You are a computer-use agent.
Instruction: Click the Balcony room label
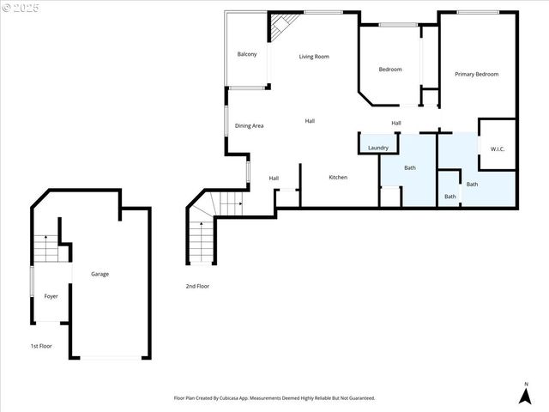pos(247,54)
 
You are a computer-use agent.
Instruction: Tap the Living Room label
pos(314,57)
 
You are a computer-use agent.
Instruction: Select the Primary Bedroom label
pos(476,75)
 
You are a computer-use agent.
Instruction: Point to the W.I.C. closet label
pos(498,149)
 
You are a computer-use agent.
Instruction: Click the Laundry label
pos(378,148)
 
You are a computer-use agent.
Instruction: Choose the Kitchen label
pos(338,178)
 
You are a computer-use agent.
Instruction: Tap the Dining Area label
pos(250,126)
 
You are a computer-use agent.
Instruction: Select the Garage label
pos(100,274)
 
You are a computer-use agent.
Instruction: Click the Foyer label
pos(51,296)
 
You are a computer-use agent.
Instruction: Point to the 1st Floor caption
pos(41,346)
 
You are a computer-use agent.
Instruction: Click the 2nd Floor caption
pos(197,286)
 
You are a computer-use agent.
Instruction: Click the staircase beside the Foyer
pos(45,249)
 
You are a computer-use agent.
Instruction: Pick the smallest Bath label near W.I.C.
pos(450,197)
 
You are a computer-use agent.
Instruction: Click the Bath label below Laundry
pos(410,167)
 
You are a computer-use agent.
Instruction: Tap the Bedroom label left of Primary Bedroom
pos(390,70)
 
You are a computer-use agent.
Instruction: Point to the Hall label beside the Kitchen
pos(274,179)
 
